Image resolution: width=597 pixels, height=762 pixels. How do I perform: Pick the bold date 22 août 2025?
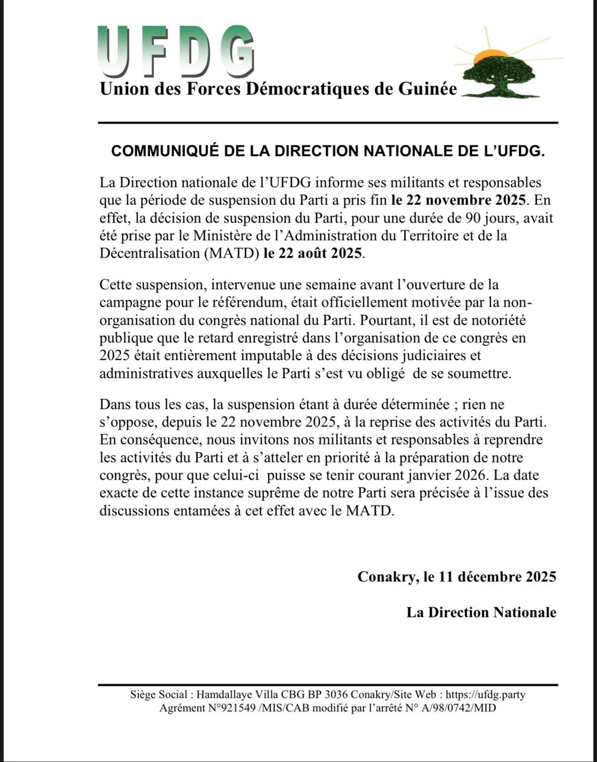(x=312, y=252)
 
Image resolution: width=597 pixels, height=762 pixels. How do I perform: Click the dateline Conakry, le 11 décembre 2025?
(x=457, y=577)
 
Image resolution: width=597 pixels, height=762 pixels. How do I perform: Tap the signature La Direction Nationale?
(x=481, y=612)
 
